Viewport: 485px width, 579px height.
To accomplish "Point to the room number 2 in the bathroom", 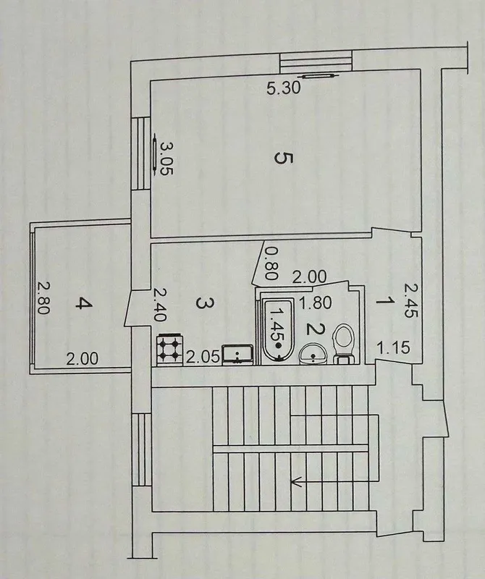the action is coord(316,329).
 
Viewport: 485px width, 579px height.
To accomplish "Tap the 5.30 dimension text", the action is coord(284,88).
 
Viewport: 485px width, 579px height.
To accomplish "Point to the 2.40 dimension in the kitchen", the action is coord(159,305).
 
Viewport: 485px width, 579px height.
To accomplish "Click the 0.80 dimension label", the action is coord(271,263).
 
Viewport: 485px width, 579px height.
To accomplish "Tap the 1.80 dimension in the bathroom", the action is coord(315,303).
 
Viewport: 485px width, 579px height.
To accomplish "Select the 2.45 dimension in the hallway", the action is coord(410,300).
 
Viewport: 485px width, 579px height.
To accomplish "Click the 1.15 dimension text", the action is coord(393,347).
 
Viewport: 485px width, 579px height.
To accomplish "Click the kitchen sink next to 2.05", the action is coord(238,355).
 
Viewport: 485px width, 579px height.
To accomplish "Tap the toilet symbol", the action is coord(345,343).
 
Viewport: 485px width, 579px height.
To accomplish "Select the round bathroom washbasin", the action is coord(313,353).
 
